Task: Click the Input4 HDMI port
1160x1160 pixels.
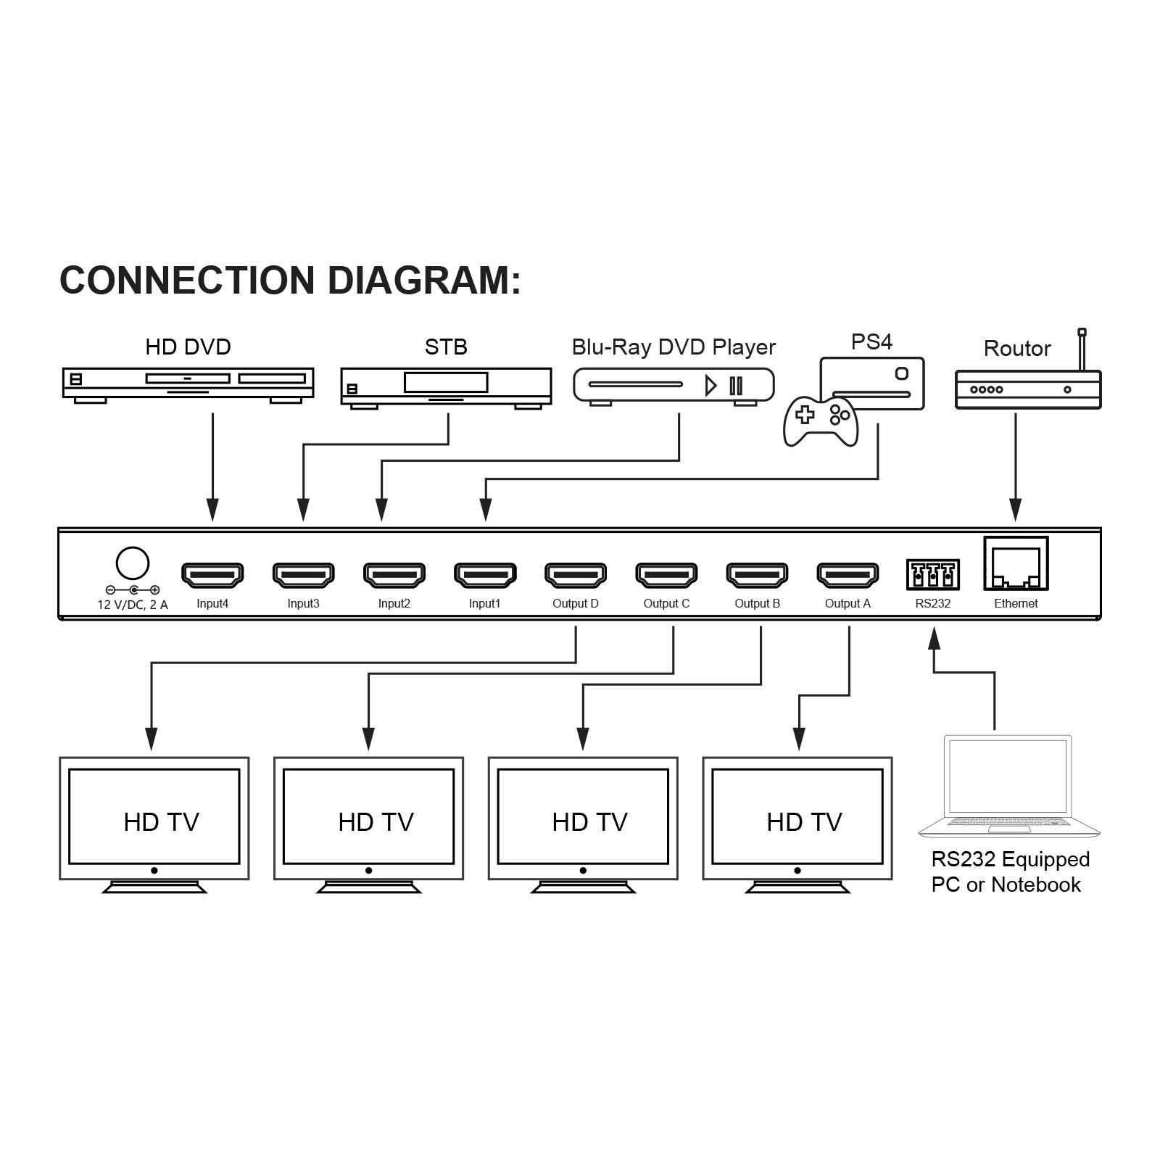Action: click(x=212, y=575)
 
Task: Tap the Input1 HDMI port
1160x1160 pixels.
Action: click(x=485, y=575)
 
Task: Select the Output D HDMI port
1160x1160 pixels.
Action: click(x=576, y=575)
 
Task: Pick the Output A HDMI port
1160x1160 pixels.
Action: click(x=848, y=575)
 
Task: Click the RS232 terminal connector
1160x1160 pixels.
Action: click(x=932, y=575)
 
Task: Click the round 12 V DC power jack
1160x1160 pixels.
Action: click(x=133, y=563)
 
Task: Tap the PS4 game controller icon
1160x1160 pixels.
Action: click(x=821, y=420)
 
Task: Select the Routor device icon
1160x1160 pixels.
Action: click(x=1027, y=389)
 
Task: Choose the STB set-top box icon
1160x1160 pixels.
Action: click(x=446, y=386)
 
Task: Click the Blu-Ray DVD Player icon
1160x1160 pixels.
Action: click(x=674, y=385)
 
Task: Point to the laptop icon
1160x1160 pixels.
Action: click(x=1008, y=787)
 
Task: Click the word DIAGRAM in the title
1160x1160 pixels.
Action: click(x=424, y=281)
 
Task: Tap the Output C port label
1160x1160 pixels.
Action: click(x=666, y=604)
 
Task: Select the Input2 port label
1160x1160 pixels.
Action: click(x=394, y=604)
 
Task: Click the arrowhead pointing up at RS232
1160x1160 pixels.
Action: click(x=935, y=638)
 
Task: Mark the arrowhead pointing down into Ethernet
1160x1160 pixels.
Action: click(x=1016, y=510)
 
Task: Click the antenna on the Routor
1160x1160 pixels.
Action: click(x=1082, y=349)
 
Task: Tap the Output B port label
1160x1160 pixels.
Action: click(x=757, y=604)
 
